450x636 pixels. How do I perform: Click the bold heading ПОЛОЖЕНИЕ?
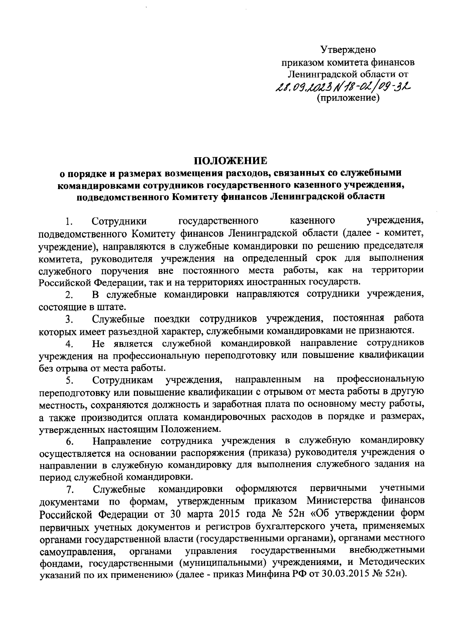[x=231, y=161]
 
